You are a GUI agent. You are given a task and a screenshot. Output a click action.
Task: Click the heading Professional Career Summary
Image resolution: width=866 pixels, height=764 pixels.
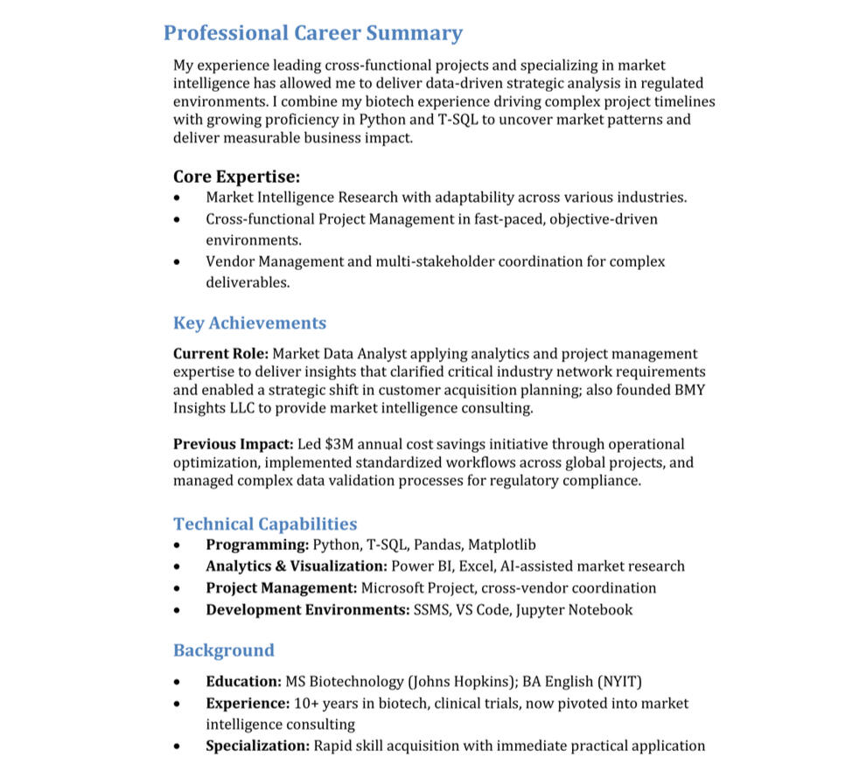312,33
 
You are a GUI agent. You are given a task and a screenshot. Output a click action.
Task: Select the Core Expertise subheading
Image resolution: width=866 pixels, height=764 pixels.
236,177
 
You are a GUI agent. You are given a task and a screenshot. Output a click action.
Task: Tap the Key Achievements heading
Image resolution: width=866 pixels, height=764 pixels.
249,323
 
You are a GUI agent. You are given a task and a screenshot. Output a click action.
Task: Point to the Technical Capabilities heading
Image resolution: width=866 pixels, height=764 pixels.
264,524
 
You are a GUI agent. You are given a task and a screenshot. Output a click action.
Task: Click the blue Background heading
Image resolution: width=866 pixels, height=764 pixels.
223,649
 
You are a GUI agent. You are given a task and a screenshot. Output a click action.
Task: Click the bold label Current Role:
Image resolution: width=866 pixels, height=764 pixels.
220,354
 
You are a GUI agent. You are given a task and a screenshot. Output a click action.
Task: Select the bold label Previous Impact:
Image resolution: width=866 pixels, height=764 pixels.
233,444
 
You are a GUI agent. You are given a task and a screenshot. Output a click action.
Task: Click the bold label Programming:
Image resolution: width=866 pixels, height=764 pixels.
257,545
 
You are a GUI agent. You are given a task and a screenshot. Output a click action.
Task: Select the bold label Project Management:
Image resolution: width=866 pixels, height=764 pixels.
281,588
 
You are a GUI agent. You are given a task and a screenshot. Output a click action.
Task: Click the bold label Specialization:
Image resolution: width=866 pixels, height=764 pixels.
257,746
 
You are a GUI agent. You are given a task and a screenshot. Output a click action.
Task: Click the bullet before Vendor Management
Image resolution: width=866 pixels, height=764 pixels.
178,262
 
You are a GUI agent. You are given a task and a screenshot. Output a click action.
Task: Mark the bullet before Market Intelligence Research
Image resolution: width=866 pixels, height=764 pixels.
178,198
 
